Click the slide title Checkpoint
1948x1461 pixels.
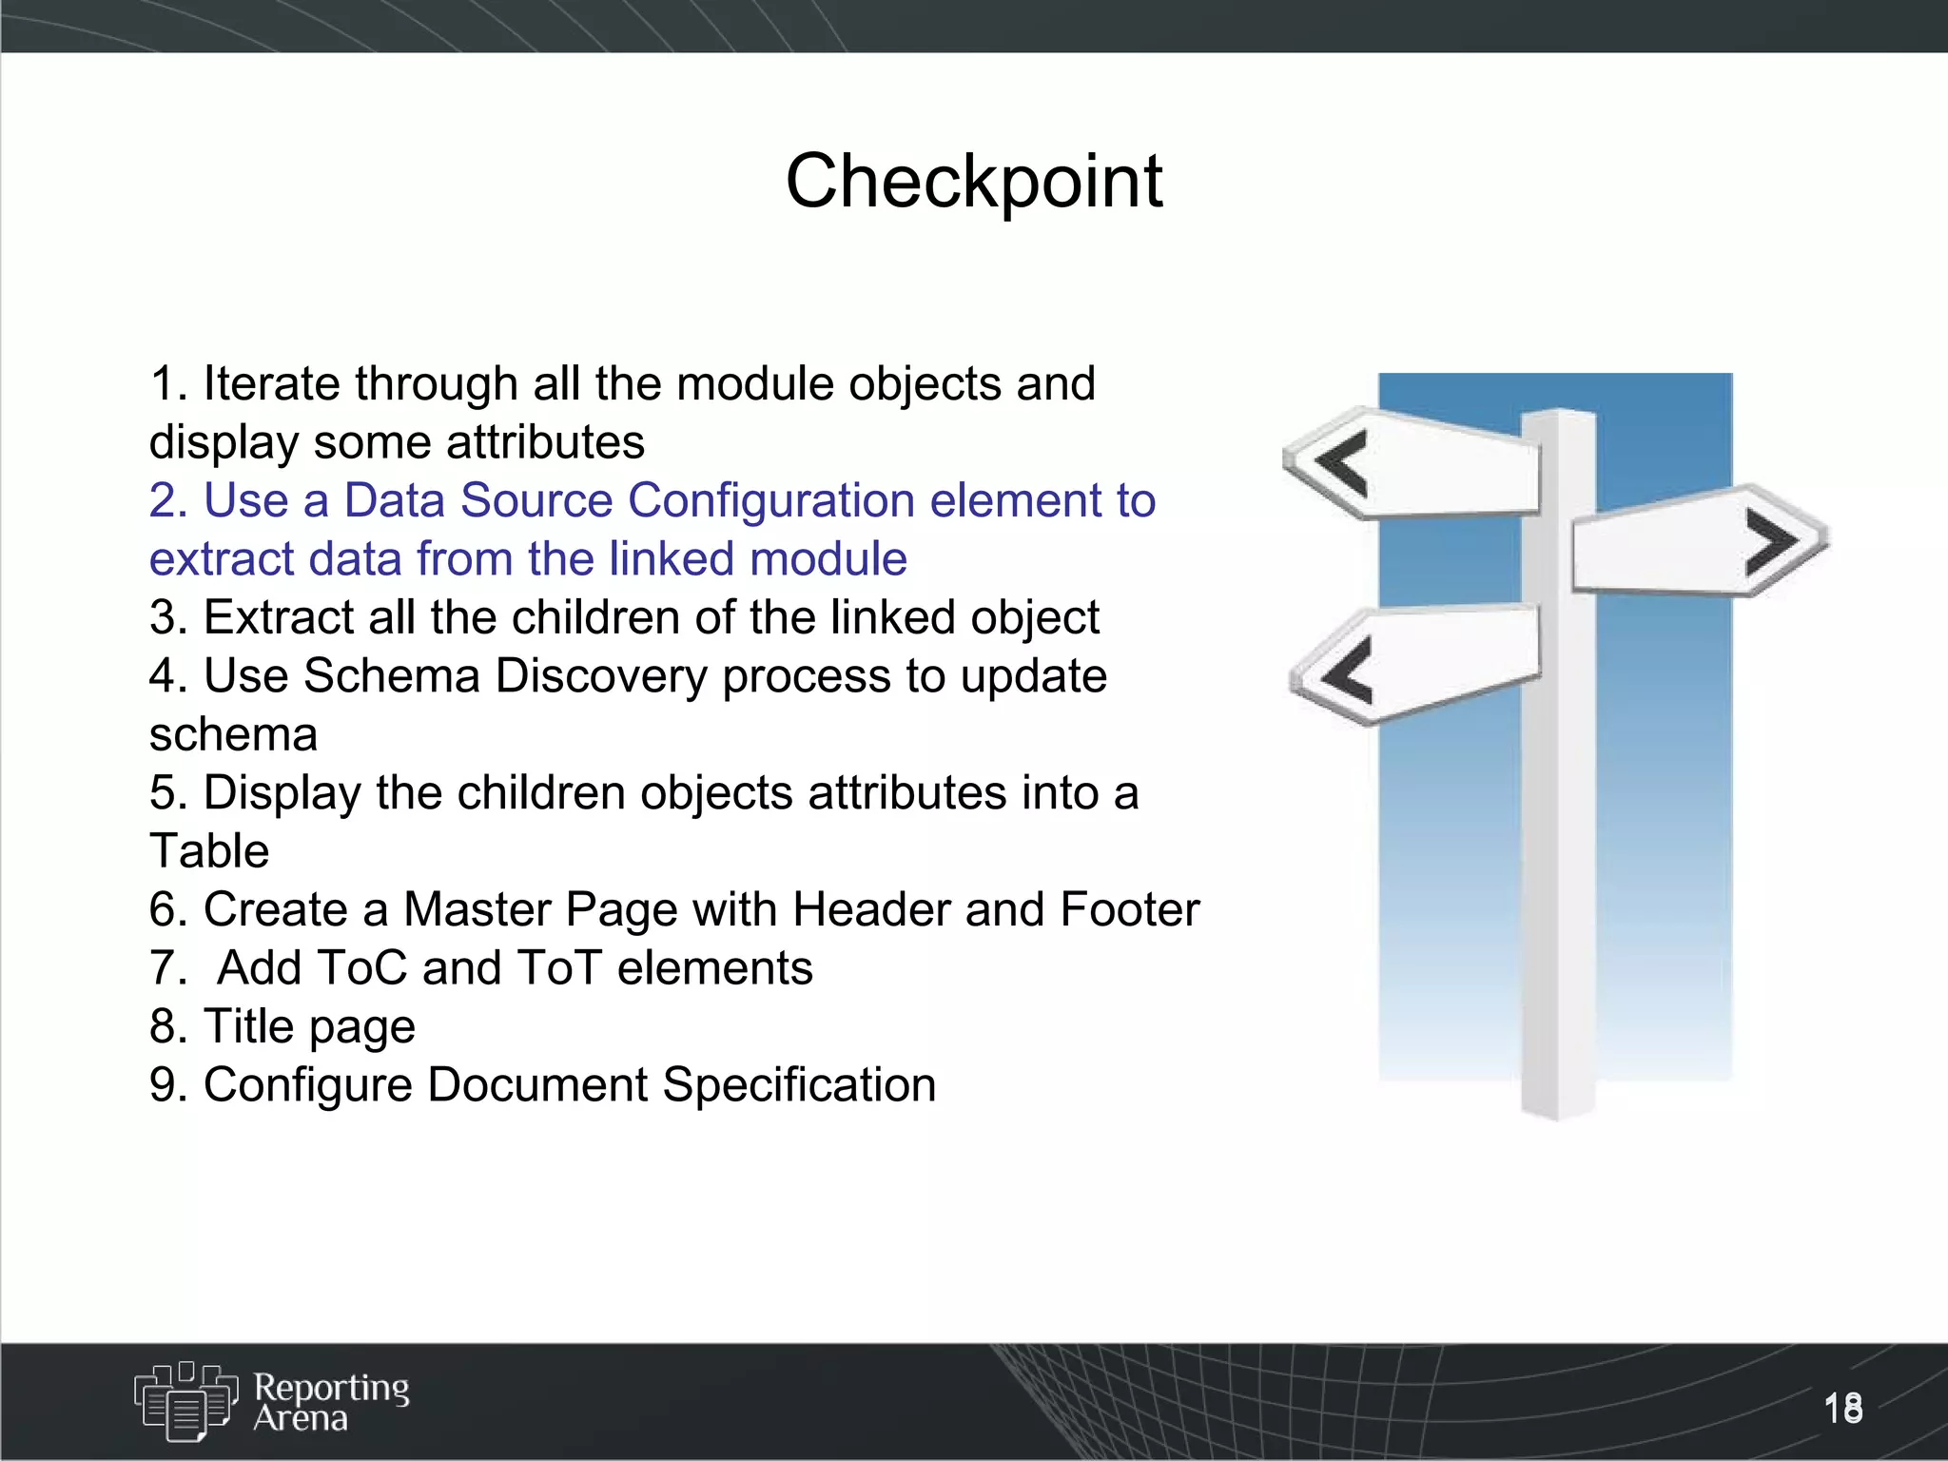click(x=973, y=181)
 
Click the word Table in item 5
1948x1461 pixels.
click(x=209, y=851)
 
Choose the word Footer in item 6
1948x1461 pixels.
click(x=1129, y=909)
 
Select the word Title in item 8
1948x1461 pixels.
click(x=249, y=1026)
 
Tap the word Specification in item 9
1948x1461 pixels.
click(x=799, y=1085)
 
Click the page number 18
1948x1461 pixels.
click(x=1842, y=1408)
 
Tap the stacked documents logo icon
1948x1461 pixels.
click(x=185, y=1401)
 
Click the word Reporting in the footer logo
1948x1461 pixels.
click(x=331, y=1388)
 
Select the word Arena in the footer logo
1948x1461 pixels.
click(x=301, y=1418)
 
